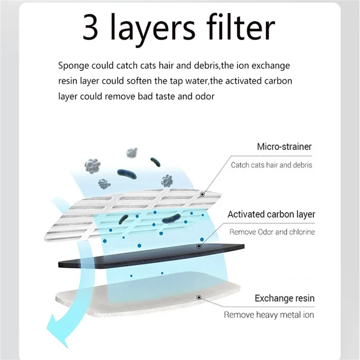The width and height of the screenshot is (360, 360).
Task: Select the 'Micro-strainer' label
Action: pos(284,147)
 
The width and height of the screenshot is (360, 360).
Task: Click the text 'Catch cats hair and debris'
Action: pos(271,165)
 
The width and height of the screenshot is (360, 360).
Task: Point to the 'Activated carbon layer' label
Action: pos(271,214)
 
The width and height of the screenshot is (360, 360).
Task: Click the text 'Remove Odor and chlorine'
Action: pos(272,232)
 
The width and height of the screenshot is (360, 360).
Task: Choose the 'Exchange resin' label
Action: pos(284,298)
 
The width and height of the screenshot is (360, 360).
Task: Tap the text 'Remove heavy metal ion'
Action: pos(269,315)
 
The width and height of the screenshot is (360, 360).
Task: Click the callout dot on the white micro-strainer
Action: pos(202,194)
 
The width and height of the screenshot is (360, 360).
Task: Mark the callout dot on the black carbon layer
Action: pos(199,246)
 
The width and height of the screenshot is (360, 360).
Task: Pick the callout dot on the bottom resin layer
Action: pos(199,297)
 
